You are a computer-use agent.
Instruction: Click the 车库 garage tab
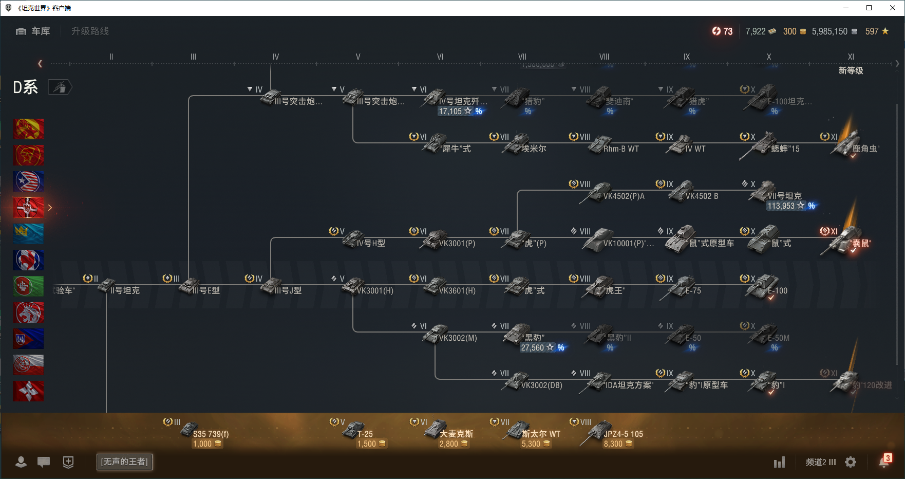coord(34,31)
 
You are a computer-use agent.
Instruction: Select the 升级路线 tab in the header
coord(90,31)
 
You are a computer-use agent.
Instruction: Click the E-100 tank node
coord(768,287)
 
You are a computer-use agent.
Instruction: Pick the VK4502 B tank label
coord(702,196)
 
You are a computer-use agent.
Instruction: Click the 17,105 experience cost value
coord(450,112)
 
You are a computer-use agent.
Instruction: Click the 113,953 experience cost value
coord(781,206)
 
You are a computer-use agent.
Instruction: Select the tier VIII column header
coord(604,57)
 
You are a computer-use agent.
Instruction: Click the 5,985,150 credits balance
coord(829,31)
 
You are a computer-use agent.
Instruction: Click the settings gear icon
coord(851,462)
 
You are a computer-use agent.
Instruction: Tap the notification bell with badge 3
coord(884,462)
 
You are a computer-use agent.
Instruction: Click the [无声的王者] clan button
coord(124,462)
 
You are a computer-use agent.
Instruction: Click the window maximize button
coord(869,8)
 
